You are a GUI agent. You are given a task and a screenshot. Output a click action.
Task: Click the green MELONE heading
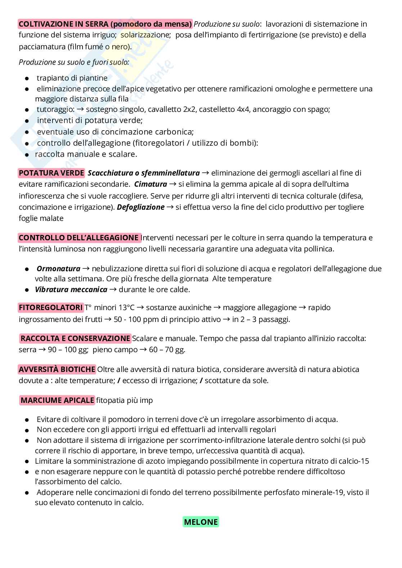[201, 522]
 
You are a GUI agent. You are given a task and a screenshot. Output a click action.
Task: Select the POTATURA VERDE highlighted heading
[51, 173]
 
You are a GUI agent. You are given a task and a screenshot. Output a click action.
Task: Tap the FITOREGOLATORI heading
[51, 308]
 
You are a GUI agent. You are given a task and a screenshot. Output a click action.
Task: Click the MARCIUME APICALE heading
[57, 400]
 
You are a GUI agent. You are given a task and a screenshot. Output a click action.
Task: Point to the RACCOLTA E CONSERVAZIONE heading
[75, 338]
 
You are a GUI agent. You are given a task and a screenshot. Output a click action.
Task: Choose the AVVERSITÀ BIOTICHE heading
[57, 369]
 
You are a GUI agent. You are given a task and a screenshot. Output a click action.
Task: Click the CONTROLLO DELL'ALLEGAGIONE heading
[79, 238]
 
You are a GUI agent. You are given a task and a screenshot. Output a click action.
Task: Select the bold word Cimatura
[150, 185]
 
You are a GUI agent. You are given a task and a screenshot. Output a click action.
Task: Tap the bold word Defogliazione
[140, 207]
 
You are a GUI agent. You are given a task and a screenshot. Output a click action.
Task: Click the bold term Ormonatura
[58, 269]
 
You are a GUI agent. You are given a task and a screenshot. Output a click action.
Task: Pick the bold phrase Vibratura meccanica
[71, 290]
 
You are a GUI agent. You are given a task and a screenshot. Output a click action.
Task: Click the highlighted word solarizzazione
[145, 35]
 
